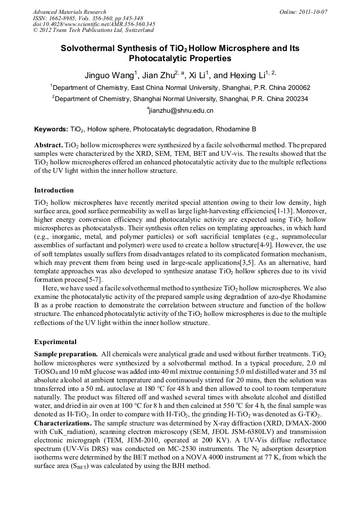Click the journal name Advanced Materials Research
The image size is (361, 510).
pos(69,12)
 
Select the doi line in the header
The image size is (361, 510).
pos(94,24)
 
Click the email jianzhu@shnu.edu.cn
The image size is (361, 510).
pos(181,111)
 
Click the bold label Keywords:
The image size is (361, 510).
pos(51,129)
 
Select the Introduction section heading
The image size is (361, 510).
pos(54,190)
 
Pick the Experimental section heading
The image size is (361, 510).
pos(55,342)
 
